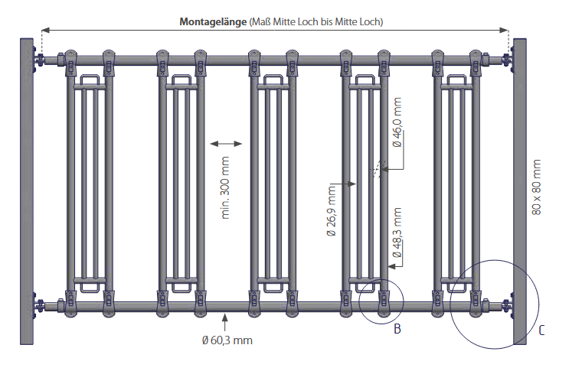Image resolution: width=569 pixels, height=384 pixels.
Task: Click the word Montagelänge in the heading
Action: [x=214, y=22]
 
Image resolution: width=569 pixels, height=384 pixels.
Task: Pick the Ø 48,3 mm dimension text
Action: [x=397, y=233]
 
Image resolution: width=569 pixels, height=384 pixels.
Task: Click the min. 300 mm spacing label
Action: [x=227, y=187]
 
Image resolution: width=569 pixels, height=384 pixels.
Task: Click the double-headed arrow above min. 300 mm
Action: [x=225, y=142]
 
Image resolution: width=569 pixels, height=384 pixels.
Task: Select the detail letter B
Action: [x=397, y=330]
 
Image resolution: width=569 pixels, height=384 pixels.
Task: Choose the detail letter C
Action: [x=541, y=330]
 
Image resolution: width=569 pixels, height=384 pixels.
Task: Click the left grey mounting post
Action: [x=25, y=191]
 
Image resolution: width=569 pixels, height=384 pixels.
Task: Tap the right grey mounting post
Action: [x=520, y=191]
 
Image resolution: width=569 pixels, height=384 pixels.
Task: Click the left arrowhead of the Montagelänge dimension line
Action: [x=44, y=30]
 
